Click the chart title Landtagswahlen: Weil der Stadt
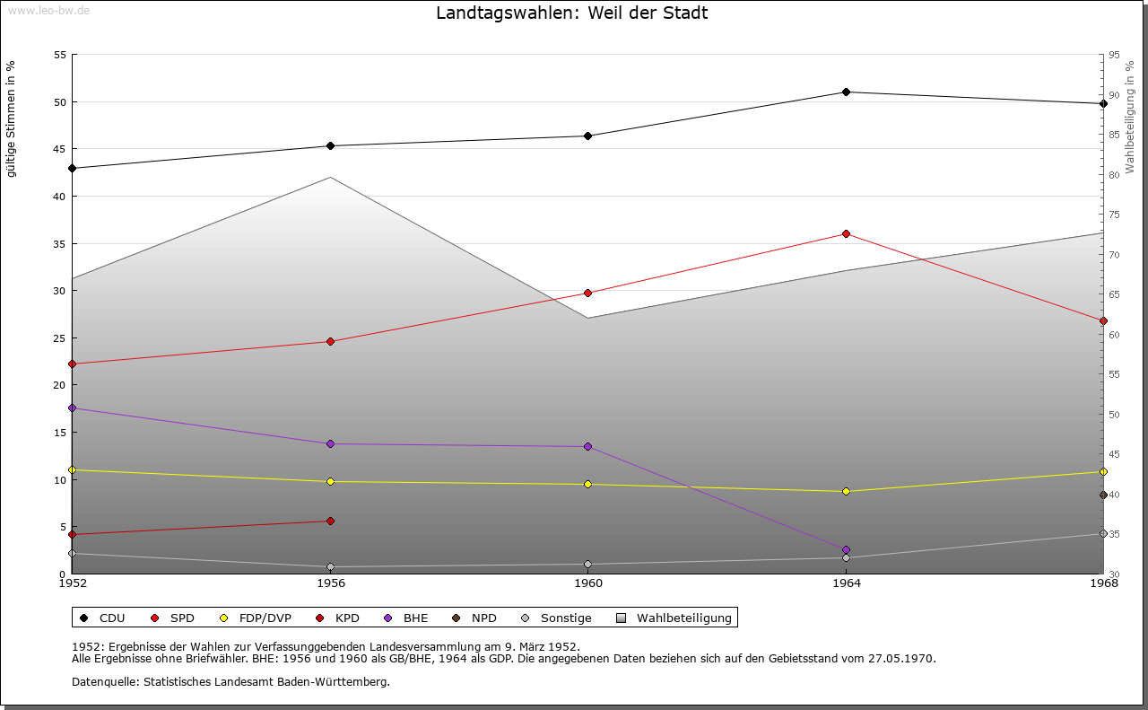click(x=571, y=13)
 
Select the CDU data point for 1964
click(x=846, y=92)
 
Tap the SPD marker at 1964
click(x=846, y=234)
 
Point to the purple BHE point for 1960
click(x=588, y=447)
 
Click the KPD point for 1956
click(x=331, y=522)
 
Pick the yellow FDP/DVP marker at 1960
click(x=588, y=485)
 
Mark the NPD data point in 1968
click(x=1103, y=495)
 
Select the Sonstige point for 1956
click(x=331, y=567)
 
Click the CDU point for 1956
click(x=331, y=146)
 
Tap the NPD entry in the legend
click(x=483, y=618)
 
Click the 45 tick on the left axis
click(x=60, y=149)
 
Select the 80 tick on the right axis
click(x=1114, y=175)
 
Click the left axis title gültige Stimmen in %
click(x=12, y=118)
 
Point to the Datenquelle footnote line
click(x=230, y=682)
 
